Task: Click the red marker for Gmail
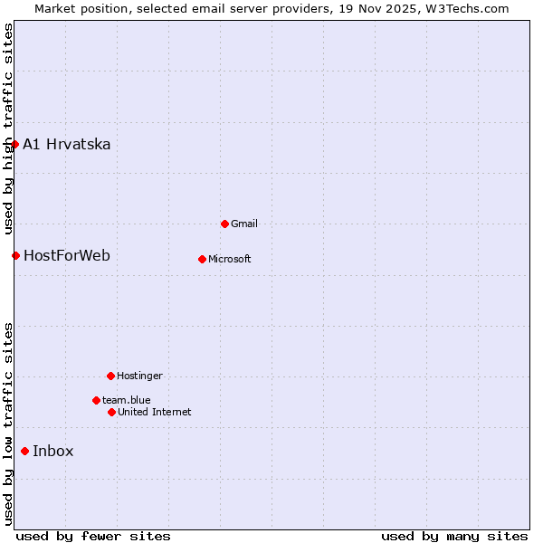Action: [224, 224]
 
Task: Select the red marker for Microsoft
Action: [202, 259]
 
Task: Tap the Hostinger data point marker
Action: [110, 376]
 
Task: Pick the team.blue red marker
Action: [96, 400]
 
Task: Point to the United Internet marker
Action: [111, 412]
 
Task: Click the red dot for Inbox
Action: [24, 451]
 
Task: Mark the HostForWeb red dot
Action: [15, 255]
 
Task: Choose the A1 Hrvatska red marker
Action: [14, 144]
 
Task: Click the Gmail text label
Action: [244, 224]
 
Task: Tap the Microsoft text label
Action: [230, 259]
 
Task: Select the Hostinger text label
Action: [140, 376]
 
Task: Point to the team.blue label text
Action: [127, 400]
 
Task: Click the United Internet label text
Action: [155, 412]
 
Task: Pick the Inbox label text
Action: [53, 451]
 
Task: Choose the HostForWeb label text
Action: [67, 255]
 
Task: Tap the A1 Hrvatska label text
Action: [67, 144]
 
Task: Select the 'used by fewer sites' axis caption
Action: [93, 536]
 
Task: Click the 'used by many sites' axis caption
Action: [454, 536]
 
